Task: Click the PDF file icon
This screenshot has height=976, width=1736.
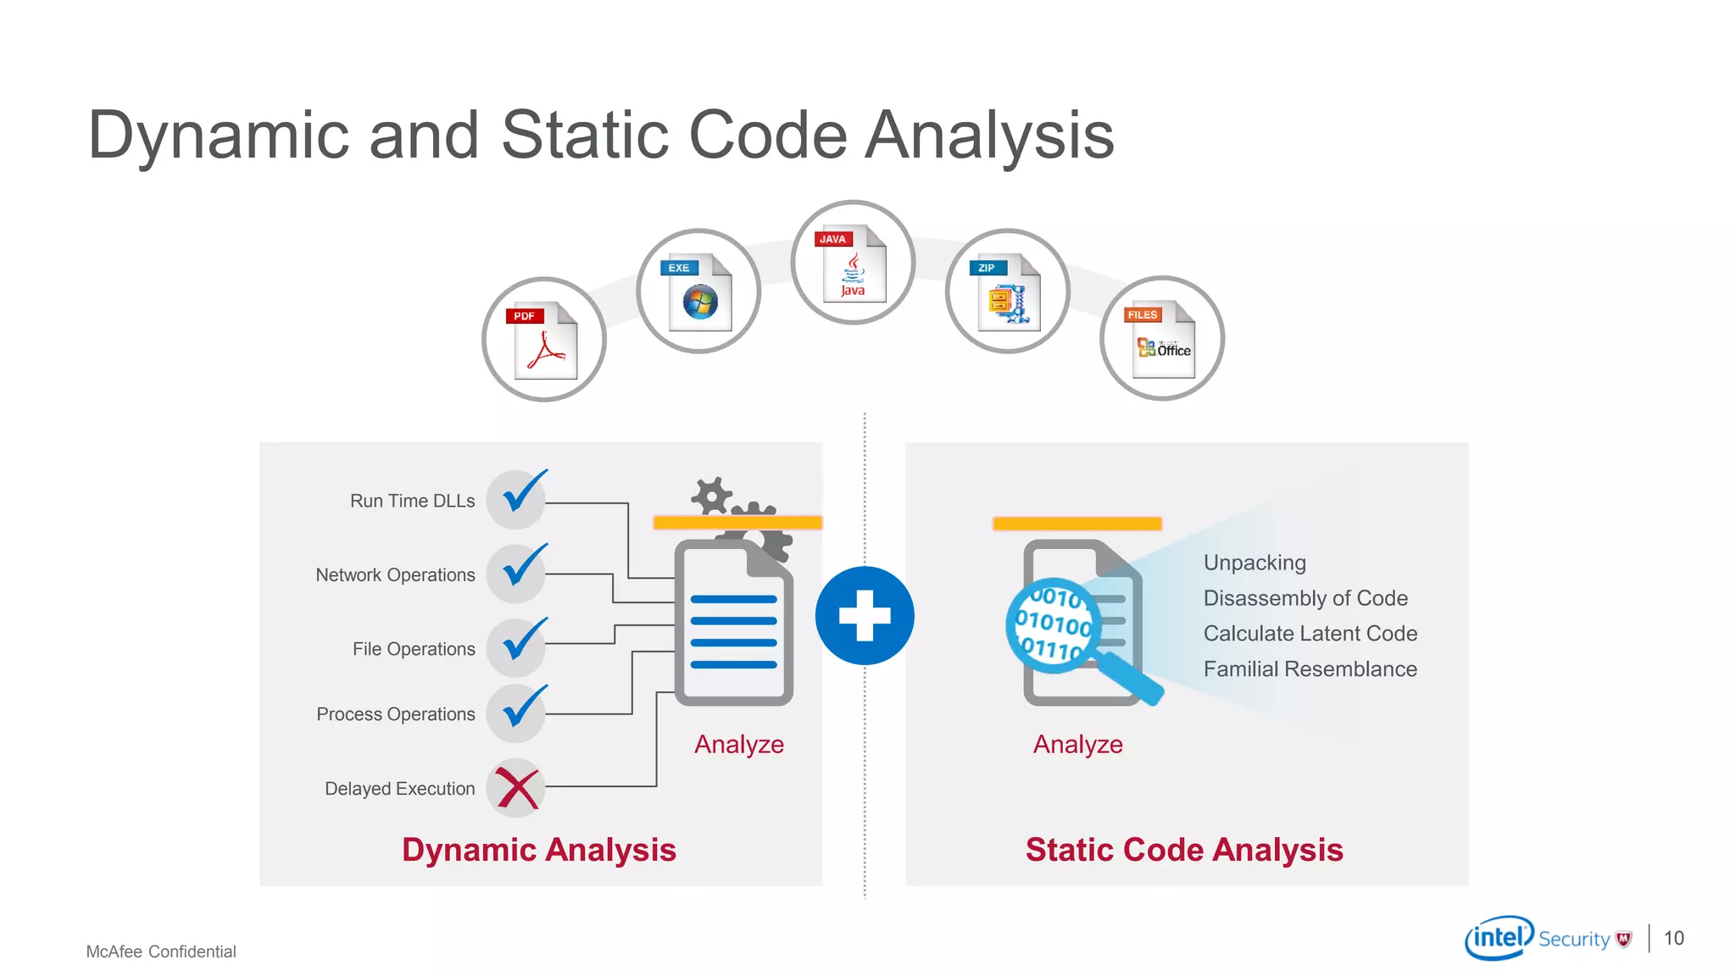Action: pos(544,339)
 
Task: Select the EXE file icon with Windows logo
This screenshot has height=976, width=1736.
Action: pos(698,291)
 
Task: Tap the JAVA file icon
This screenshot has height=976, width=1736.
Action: pos(853,263)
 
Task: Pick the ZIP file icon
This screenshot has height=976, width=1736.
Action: pos(1007,291)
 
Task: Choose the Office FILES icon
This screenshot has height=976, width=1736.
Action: pos(1162,338)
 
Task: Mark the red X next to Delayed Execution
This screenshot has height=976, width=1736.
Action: pos(516,788)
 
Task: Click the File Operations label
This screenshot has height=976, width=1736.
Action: pos(414,649)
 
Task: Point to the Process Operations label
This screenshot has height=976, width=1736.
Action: pos(395,714)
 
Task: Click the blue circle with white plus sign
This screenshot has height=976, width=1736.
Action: pos(865,615)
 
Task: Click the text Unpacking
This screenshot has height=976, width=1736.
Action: pos(1255,563)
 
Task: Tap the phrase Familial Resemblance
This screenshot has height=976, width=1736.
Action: pos(1310,669)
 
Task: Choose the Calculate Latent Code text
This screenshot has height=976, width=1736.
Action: pos(1310,634)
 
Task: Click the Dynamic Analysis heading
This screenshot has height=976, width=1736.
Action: pos(539,850)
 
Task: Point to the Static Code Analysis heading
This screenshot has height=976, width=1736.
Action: pos(1184,850)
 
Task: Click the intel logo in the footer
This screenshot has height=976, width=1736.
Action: pos(1499,938)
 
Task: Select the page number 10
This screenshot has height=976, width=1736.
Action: pos(1673,938)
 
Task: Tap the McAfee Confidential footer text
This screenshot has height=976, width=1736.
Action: pos(161,951)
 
